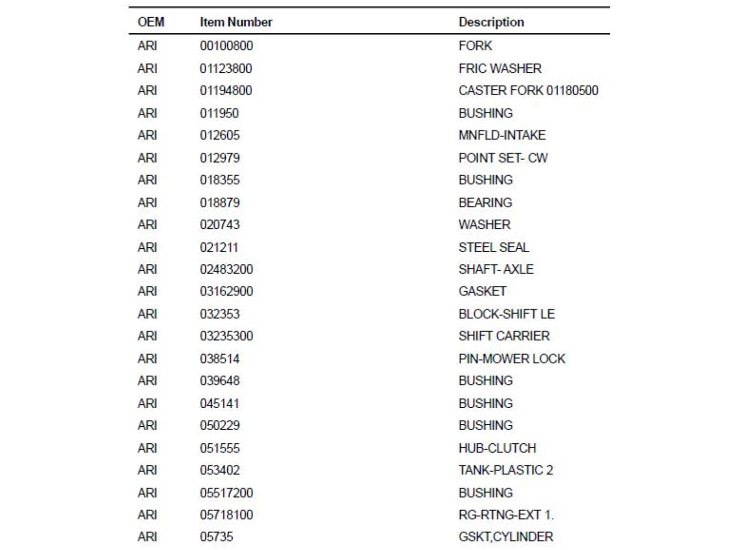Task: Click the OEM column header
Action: (151, 22)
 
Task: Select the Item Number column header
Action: (236, 22)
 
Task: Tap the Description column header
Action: (491, 22)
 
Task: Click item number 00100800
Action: (226, 46)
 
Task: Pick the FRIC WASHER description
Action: (499, 68)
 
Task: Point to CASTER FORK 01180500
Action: (528, 90)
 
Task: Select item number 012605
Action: (219, 135)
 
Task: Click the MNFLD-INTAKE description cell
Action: (501, 135)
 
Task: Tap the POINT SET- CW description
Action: (503, 158)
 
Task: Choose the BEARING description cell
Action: (485, 202)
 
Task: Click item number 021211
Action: (218, 247)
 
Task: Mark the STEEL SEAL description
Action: (494, 247)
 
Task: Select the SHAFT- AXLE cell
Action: (496, 269)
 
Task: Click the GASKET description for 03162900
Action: (482, 291)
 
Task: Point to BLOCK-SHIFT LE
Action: (506, 314)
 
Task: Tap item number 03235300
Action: (226, 336)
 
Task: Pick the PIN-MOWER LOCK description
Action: (511, 359)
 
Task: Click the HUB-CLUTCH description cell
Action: (497, 448)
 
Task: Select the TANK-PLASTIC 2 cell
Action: (505, 470)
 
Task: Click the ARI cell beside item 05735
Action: (147, 537)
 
